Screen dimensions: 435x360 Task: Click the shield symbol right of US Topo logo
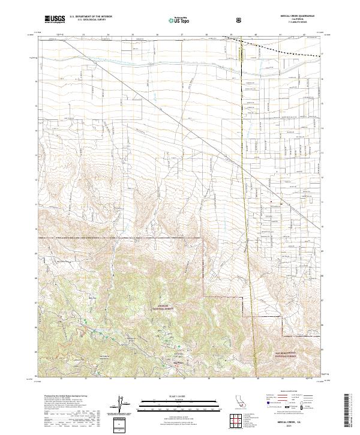[x=241, y=19]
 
